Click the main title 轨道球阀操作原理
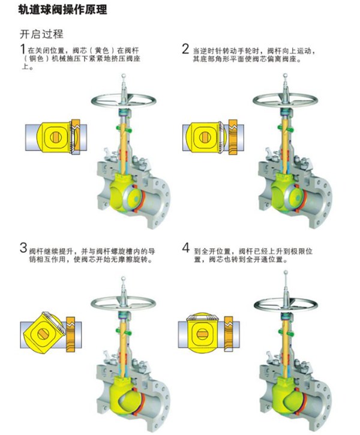point(62,9)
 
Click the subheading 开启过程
point(41,34)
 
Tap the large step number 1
point(23,49)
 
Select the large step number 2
point(185,49)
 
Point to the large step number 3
point(23,248)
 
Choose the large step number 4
point(186,247)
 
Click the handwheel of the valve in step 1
point(124,100)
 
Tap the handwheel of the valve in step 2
point(286,100)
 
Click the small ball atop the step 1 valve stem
point(124,76)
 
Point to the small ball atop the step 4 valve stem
point(286,273)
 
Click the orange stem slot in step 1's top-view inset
point(55,137)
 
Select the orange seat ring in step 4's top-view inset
point(229,334)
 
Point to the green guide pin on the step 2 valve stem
point(285,128)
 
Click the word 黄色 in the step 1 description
point(102,50)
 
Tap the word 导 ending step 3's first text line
point(151,251)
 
